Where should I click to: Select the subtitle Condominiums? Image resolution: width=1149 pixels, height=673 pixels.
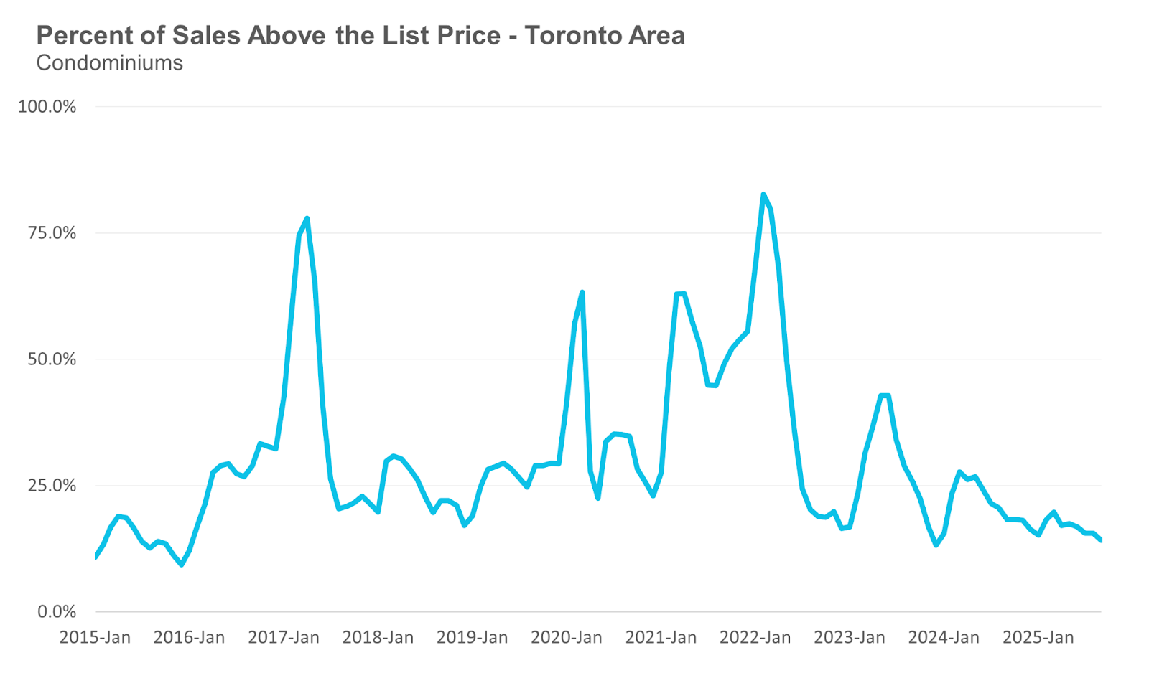(109, 63)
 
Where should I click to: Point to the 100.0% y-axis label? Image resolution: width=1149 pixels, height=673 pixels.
(47, 107)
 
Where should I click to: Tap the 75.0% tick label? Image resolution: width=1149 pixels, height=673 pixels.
(52, 233)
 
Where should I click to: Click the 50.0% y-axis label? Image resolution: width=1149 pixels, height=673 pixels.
(52, 359)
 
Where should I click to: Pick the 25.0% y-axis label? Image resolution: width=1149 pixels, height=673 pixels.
(52, 486)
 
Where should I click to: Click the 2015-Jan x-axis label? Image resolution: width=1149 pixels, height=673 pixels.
(95, 637)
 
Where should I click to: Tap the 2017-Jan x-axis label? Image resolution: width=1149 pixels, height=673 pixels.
(284, 637)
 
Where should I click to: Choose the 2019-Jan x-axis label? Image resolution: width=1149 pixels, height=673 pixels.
(472, 637)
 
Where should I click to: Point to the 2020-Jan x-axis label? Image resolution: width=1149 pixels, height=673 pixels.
(567, 637)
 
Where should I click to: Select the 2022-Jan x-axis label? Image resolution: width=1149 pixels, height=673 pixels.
(755, 637)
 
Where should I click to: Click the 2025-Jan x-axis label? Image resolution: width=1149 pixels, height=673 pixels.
(1038, 637)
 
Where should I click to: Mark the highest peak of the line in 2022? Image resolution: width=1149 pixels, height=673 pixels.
(763, 194)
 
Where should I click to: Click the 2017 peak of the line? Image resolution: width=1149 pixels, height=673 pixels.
(307, 218)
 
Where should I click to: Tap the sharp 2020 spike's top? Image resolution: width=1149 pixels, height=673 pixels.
(582, 292)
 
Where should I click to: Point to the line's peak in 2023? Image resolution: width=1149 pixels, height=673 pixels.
(885, 395)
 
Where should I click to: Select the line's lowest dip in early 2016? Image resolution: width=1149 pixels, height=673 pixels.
(182, 565)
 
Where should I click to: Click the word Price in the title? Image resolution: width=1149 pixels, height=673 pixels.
(468, 36)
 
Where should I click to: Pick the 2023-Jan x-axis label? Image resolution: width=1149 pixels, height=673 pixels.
(850, 637)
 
